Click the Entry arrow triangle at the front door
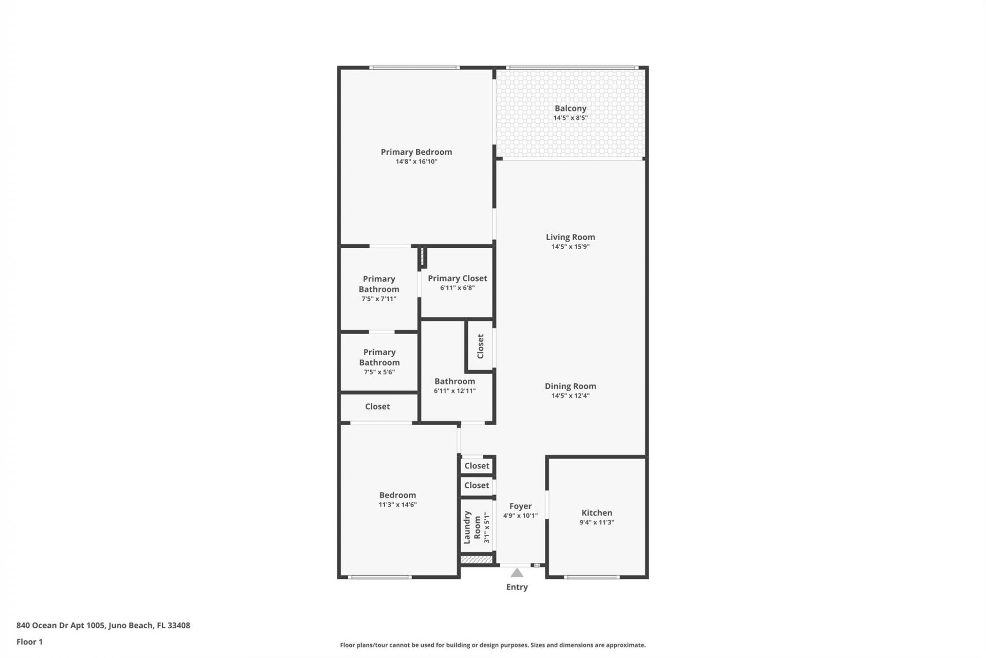[x=517, y=573]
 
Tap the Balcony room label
[x=570, y=108]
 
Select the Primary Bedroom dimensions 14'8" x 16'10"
[x=416, y=161]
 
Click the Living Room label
[x=570, y=237]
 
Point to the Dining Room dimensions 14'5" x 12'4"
[x=570, y=396]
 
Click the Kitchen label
[x=596, y=513]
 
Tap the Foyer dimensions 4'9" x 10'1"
[x=520, y=516]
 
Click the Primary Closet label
[x=457, y=278]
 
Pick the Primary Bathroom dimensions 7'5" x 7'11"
[x=378, y=299]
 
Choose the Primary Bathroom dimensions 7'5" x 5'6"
[x=379, y=372]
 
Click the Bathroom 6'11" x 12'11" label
[x=454, y=381]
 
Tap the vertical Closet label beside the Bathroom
[x=480, y=346]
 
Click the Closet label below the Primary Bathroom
[x=377, y=407]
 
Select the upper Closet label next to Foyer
[x=477, y=466]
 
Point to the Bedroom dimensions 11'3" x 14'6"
[x=397, y=505]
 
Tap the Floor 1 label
[x=29, y=642]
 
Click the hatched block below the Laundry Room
[x=476, y=559]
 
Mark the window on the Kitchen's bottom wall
[x=591, y=577]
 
